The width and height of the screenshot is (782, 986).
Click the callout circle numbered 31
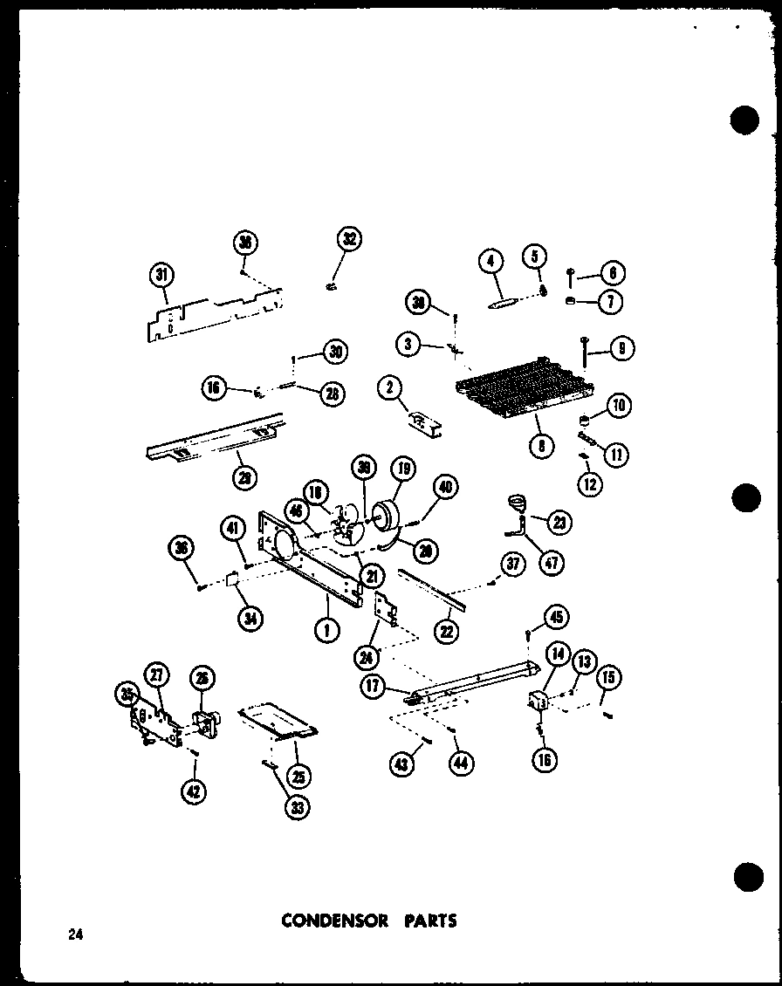pos(161,276)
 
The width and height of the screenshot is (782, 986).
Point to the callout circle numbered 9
pos(621,349)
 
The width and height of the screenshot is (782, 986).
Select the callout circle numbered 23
pos(559,523)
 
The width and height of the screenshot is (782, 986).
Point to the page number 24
pos(75,935)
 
